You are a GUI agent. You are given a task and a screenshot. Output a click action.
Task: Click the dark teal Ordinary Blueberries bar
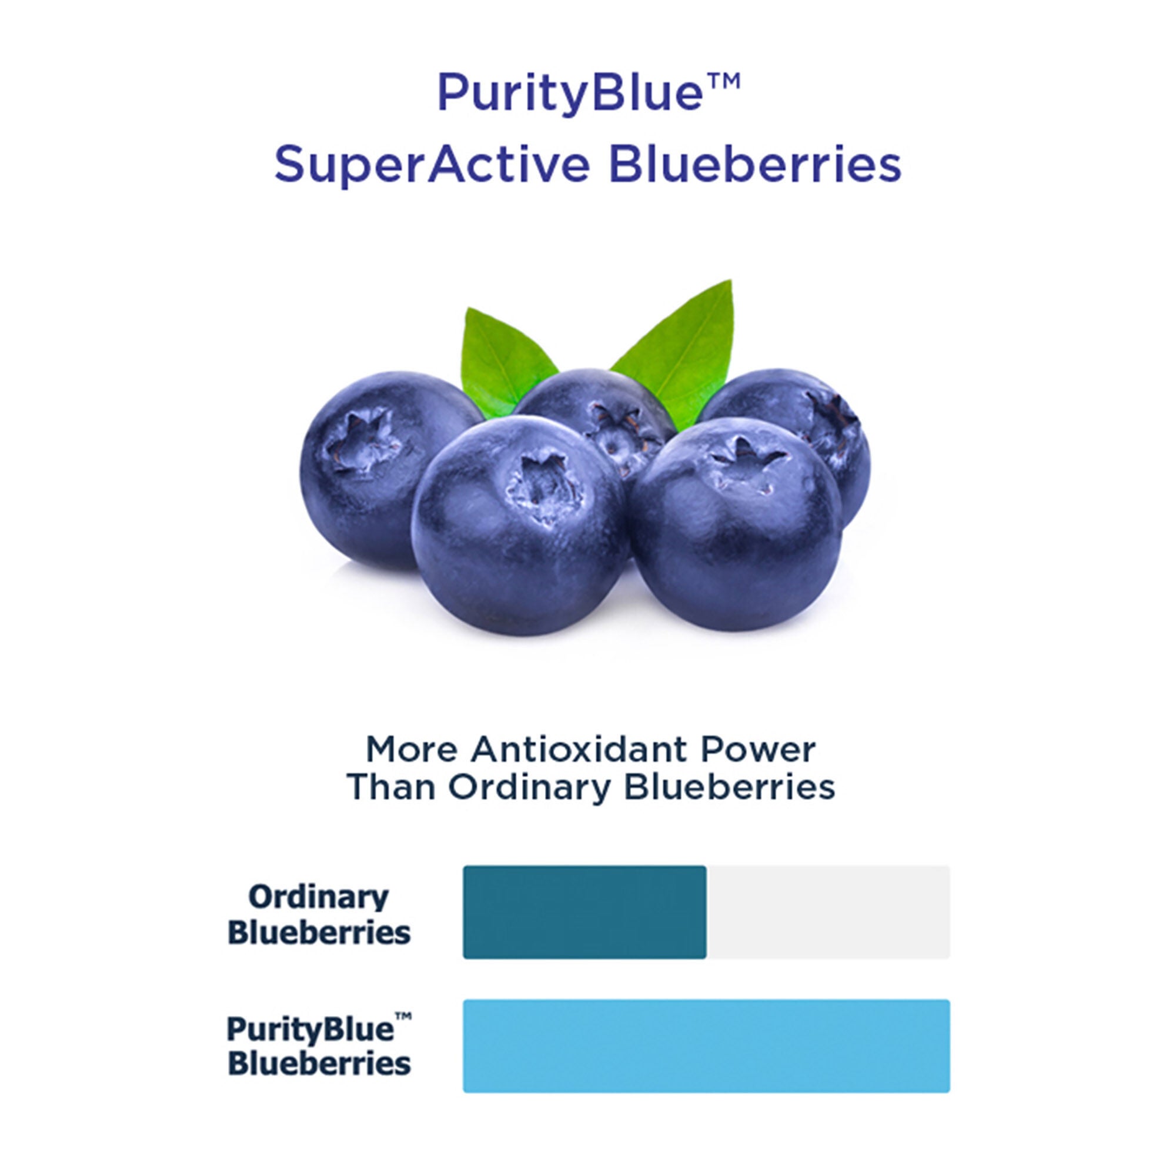click(x=584, y=912)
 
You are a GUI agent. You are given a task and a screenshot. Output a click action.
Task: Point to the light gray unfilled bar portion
click(x=828, y=912)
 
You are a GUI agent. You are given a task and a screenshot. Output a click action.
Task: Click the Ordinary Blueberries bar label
click(x=319, y=914)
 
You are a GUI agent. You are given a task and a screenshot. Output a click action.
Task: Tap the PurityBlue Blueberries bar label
click(x=319, y=1047)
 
